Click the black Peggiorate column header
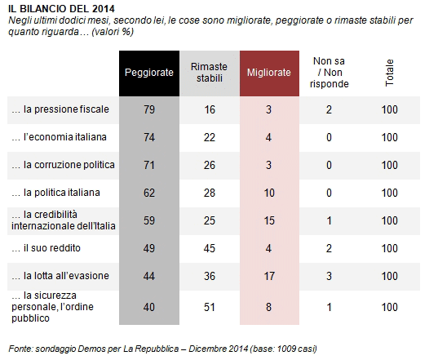149,73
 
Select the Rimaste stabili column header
210,73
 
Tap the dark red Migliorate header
269,73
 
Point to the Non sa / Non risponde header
329,73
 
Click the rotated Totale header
389,73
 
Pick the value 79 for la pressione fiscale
149,109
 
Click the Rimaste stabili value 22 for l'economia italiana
210,137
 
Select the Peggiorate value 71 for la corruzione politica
149,166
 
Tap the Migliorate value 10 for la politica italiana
269,193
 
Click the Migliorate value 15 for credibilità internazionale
269,220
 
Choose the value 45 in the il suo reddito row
210,249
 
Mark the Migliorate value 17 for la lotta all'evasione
269,276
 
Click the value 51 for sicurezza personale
210,307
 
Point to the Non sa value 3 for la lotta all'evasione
329,276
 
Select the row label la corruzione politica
63,165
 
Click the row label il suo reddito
46,248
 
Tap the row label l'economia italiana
59,137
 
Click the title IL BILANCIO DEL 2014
61,9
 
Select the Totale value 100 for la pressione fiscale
390,109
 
